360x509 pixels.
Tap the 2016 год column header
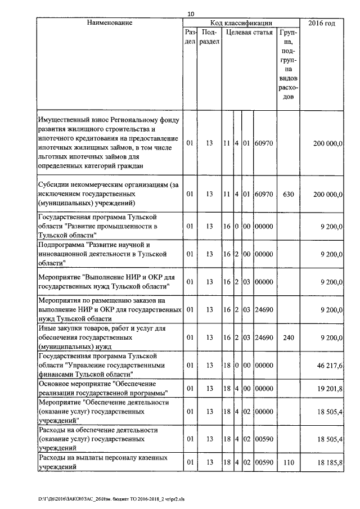(x=322, y=23)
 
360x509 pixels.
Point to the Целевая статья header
(x=249, y=33)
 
